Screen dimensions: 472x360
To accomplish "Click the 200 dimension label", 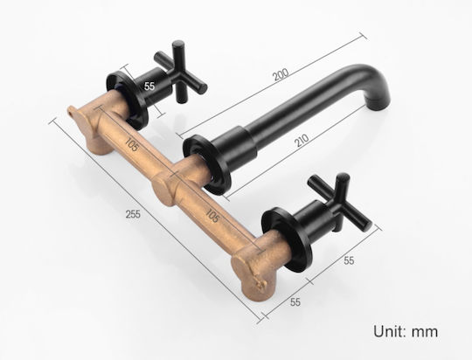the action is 281,74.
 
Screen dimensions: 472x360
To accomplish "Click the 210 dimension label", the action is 302,141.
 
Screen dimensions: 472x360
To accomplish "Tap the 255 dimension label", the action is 133,214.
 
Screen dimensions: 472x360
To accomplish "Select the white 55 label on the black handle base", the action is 149,87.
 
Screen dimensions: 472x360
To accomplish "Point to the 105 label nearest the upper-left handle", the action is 131,144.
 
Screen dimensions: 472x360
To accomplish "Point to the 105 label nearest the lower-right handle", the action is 212,215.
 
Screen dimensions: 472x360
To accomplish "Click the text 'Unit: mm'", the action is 406,331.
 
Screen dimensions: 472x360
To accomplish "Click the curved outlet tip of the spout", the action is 380,97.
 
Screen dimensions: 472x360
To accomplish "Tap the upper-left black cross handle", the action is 180,72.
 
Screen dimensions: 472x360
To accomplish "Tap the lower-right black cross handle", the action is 341,202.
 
